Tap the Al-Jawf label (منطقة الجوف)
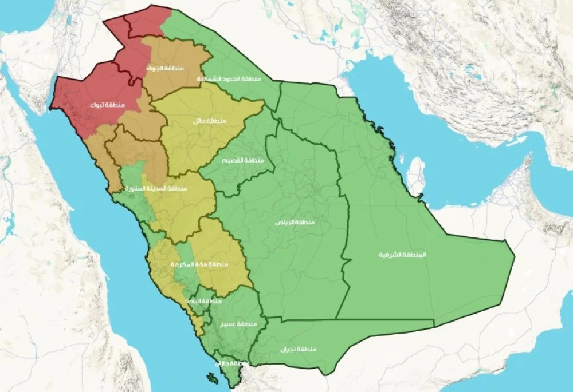point(166,68)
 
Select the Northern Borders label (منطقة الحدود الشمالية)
point(229,78)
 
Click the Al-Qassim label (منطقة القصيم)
point(243,160)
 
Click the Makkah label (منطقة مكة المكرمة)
point(199,264)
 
